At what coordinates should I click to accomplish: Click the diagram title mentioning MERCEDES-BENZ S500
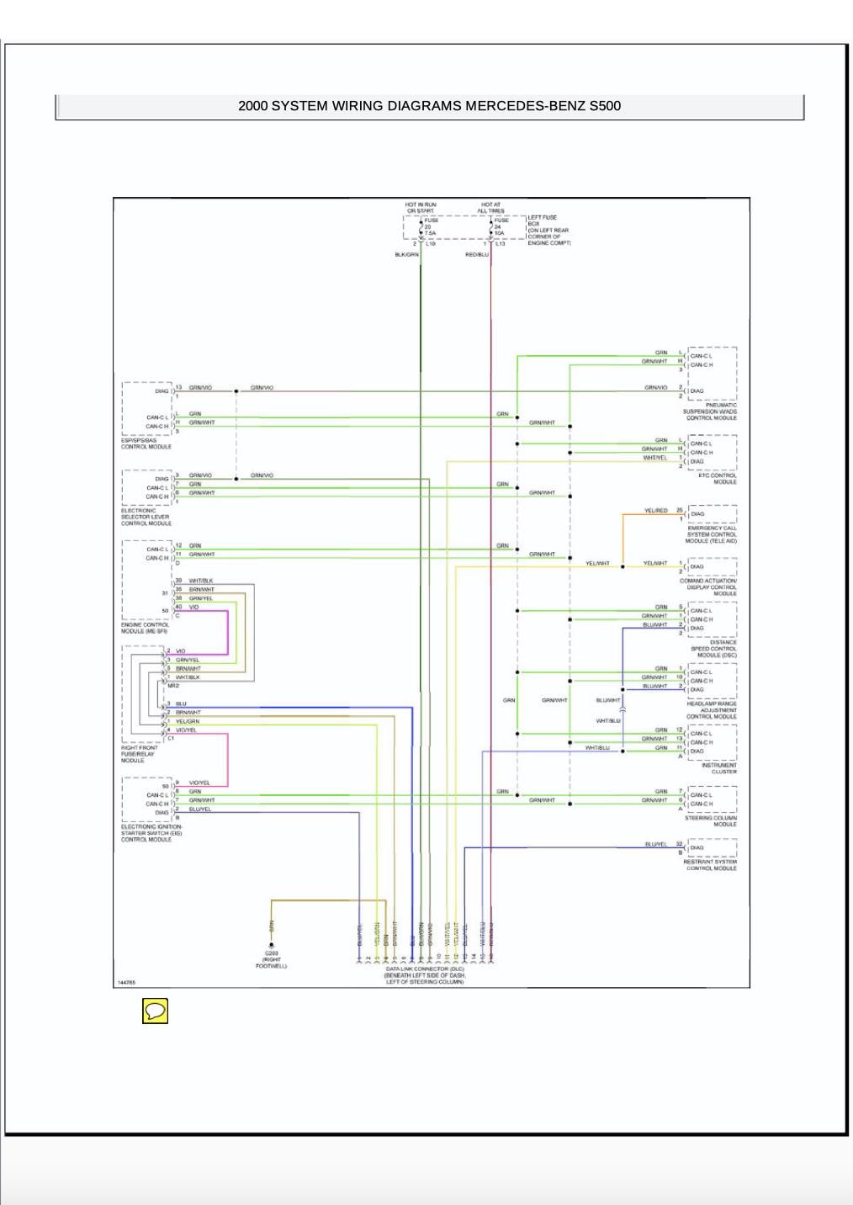[x=429, y=106]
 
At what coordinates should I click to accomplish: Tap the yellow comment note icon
[x=155, y=1011]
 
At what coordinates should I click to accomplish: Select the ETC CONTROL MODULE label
[x=718, y=479]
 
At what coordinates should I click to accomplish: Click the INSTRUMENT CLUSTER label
[x=718, y=768]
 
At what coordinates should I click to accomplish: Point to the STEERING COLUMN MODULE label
[x=711, y=821]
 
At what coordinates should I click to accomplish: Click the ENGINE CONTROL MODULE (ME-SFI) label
[x=145, y=628]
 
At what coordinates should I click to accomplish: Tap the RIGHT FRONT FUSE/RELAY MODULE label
[x=140, y=754]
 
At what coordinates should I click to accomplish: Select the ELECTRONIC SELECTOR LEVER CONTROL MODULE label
[x=145, y=517]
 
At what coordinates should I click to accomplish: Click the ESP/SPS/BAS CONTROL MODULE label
[x=146, y=443]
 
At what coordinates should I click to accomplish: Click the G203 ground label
[x=271, y=959]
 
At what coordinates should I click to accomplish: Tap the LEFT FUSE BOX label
[x=548, y=230]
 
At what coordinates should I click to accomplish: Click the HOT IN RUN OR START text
[x=421, y=208]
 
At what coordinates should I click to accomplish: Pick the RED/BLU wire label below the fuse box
[x=476, y=254]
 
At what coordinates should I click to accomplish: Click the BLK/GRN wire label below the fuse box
[x=406, y=254]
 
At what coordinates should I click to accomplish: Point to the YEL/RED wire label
[x=655, y=511]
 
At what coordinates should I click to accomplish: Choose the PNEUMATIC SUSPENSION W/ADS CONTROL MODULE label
[x=711, y=411]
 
